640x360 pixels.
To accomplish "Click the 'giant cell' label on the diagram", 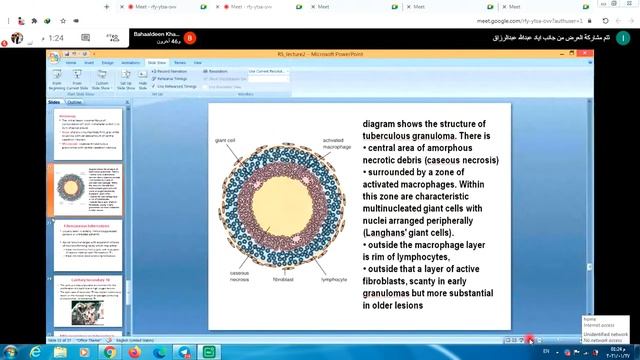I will pyautogui.click(x=225, y=140).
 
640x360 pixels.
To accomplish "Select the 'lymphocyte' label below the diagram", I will pyautogui.click(x=334, y=294).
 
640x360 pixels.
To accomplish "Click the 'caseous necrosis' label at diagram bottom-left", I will pyautogui.click(x=239, y=276).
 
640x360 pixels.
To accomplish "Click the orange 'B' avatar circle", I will pyautogui.click(x=191, y=38).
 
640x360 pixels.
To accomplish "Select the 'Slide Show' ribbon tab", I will pyautogui.click(x=157, y=62).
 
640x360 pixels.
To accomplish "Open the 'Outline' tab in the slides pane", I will pyautogui.click(x=75, y=102).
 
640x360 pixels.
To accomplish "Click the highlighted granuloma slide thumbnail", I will pyautogui.click(x=89, y=191).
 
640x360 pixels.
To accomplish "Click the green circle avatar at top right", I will pyautogui.click(x=625, y=36).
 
